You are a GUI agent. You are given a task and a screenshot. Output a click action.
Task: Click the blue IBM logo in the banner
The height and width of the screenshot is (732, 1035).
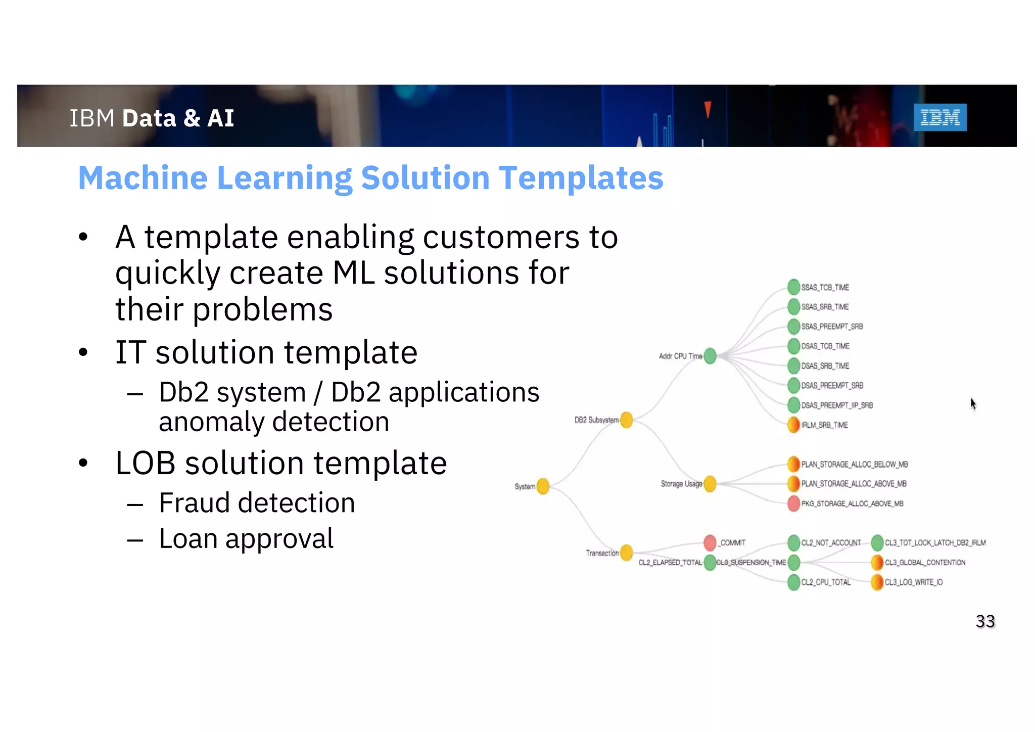(x=940, y=117)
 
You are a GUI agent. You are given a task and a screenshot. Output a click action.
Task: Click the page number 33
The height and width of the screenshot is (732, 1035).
(x=985, y=621)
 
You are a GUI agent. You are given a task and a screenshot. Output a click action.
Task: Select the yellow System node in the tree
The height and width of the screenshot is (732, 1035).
(x=543, y=486)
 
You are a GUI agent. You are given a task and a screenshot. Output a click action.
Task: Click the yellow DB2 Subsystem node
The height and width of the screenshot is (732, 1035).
(x=627, y=420)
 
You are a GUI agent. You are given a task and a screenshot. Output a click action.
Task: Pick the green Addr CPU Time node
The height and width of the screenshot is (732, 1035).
(x=710, y=356)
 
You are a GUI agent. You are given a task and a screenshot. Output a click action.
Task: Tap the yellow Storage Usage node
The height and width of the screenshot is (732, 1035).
(x=710, y=484)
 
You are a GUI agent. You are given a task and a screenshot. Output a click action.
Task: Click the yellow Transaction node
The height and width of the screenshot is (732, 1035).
(x=627, y=553)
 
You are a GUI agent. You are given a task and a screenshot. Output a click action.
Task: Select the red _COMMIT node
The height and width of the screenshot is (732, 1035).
(x=710, y=542)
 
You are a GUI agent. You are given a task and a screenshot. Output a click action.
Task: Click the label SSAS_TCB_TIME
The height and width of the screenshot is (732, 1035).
(x=825, y=287)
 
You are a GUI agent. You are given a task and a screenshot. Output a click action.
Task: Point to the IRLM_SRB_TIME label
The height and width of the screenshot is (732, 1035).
(x=824, y=425)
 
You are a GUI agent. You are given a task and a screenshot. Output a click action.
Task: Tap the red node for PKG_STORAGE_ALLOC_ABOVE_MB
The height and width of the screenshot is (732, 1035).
(x=794, y=504)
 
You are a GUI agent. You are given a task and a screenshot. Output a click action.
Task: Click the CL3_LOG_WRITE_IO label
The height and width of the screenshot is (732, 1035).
(x=913, y=582)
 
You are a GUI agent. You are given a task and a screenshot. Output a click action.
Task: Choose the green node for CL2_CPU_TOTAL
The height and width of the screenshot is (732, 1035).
(x=794, y=582)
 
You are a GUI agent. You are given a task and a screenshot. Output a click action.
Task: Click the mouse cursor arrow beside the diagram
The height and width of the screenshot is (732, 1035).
(x=973, y=403)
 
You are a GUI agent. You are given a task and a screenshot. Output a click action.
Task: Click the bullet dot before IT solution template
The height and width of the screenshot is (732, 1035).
(x=83, y=352)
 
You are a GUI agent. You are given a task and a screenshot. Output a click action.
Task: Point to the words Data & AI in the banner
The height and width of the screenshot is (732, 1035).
(x=178, y=118)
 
